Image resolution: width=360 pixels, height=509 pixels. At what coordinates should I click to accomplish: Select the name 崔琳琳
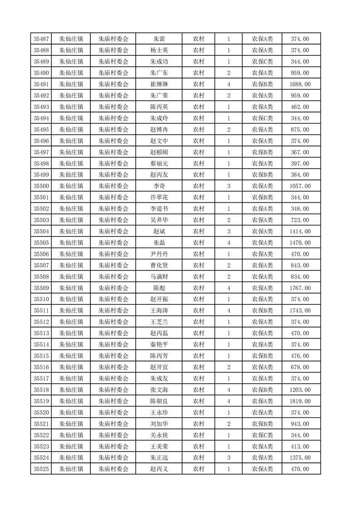coord(159,84)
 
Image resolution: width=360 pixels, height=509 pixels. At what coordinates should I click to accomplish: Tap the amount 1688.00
coord(300,84)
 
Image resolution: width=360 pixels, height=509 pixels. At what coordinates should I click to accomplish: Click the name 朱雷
coord(159,39)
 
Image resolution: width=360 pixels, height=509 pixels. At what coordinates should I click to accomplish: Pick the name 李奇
coord(159,186)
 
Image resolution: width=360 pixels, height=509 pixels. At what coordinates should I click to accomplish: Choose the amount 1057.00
coord(300,186)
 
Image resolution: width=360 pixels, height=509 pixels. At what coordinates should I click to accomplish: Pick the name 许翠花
coord(159,197)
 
